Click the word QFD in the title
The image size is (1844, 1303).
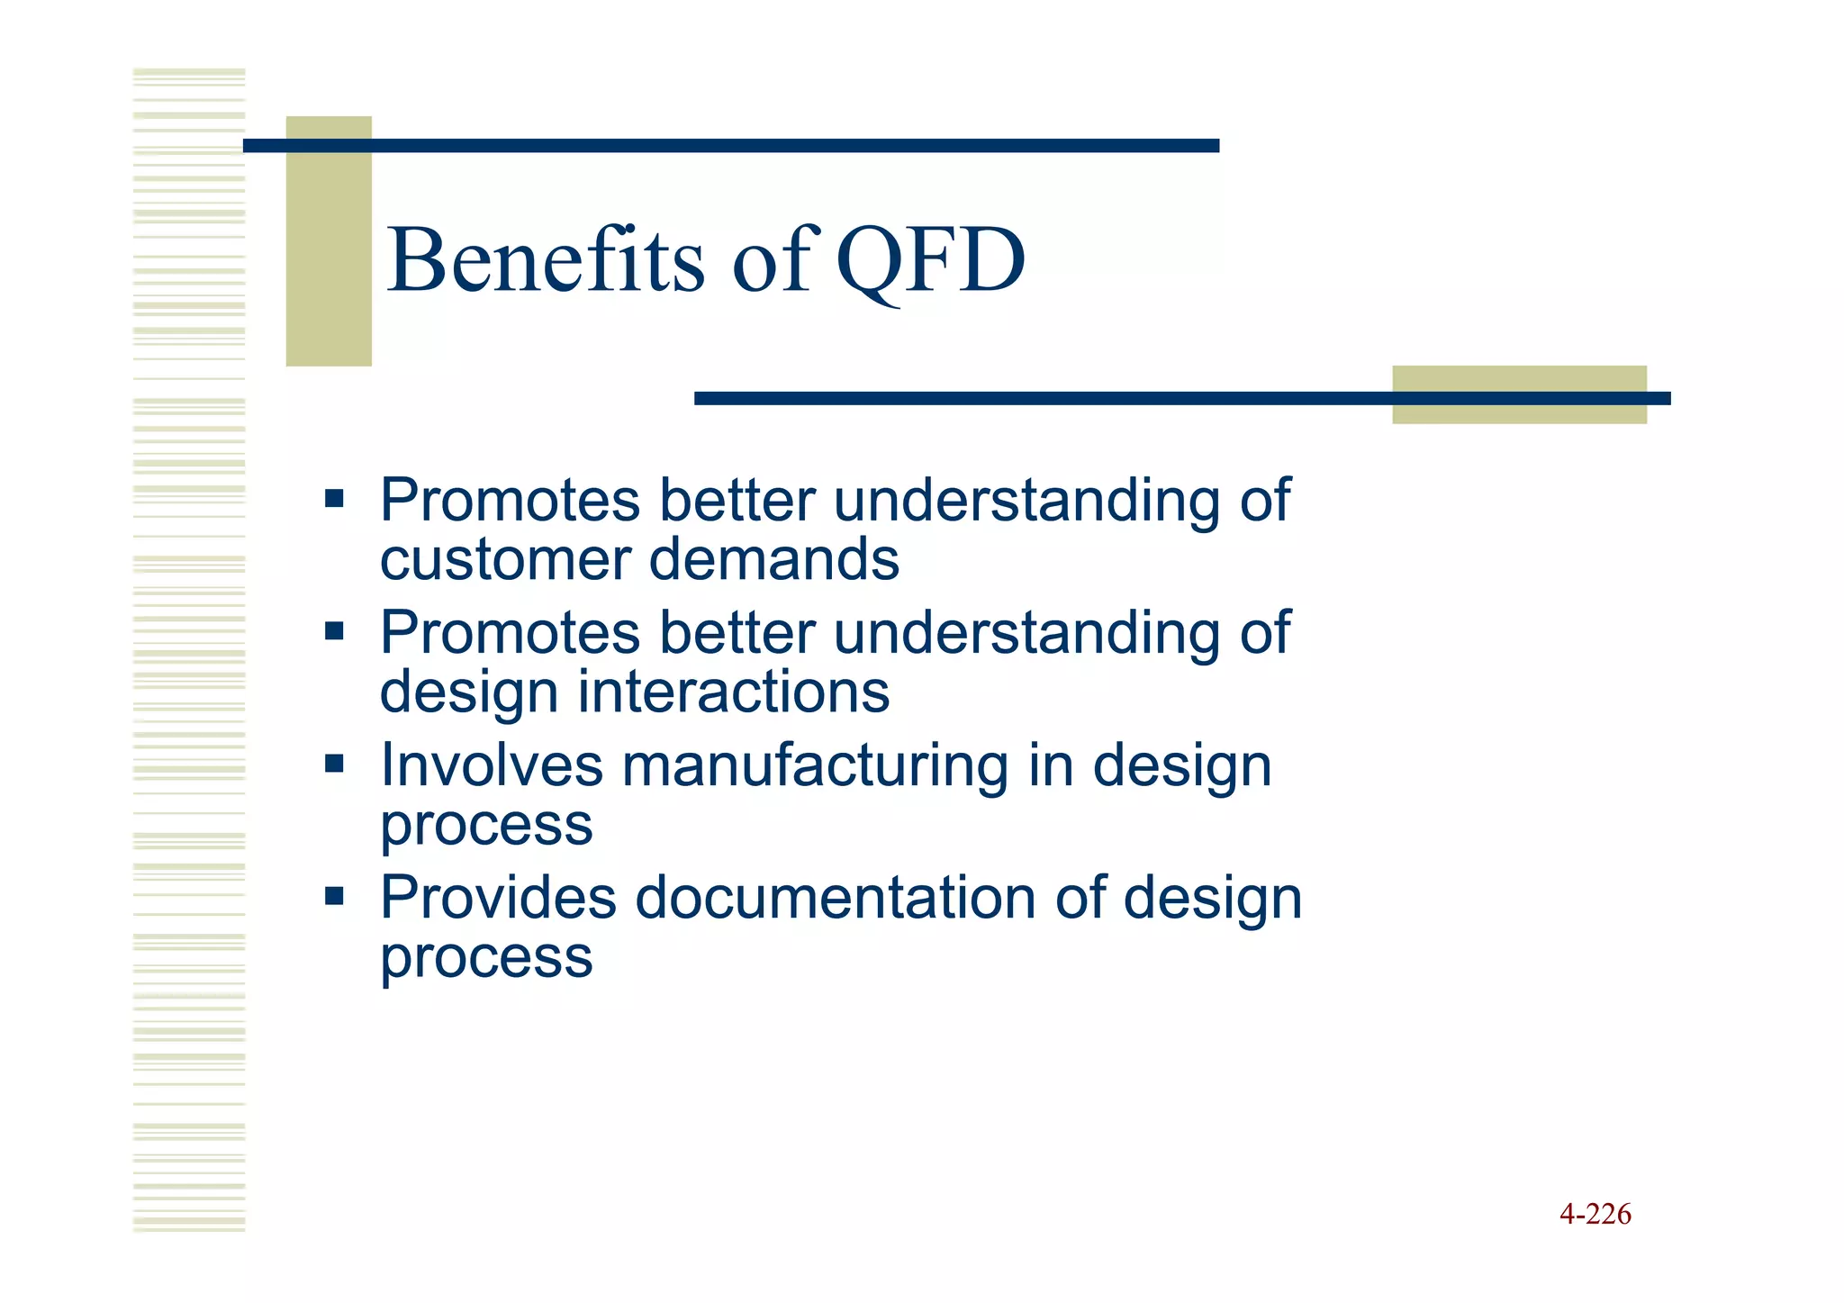pos(930,261)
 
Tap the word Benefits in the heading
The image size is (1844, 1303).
pos(545,261)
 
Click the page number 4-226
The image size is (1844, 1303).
pos(1595,1214)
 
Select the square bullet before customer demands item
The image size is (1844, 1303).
pos(335,498)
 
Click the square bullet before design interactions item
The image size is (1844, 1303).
pos(335,630)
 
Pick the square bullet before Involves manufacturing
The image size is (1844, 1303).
pos(335,764)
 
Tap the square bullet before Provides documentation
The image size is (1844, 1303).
pos(335,896)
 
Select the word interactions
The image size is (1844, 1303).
pos(733,692)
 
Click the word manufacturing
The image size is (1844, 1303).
pos(815,766)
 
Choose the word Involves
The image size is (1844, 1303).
pos(491,766)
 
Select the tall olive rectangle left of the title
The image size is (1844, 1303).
pos(329,241)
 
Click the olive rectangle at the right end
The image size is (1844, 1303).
pos(1519,394)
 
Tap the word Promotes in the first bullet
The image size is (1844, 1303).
pos(510,501)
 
